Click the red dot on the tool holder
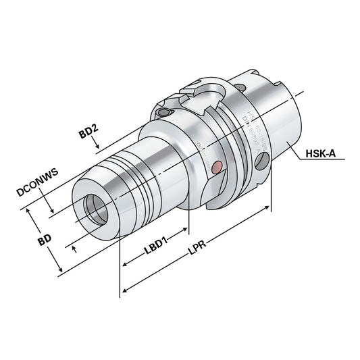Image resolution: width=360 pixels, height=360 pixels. point(216,167)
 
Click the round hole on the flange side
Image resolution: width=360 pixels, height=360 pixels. point(262,161)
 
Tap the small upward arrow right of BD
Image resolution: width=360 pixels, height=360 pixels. point(74,249)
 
